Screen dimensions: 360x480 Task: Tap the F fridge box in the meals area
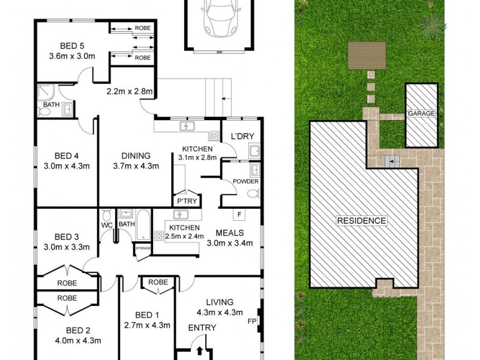[239, 214]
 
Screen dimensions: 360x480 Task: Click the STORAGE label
[143, 247]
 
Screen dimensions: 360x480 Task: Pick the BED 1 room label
[146, 314]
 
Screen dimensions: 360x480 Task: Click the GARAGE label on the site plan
[421, 113]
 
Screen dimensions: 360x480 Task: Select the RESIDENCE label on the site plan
[361, 221]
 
